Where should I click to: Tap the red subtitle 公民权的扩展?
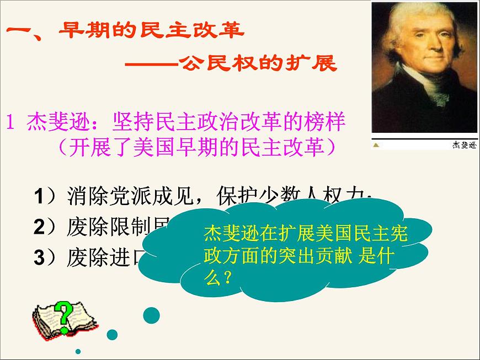[257, 65]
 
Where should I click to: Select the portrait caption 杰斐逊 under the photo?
[463, 145]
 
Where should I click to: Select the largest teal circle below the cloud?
[152, 315]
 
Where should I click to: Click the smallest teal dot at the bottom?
[78, 351]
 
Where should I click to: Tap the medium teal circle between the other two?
[112, 334]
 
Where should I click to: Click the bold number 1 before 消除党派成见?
[39, 197]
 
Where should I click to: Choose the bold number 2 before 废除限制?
[39, 227]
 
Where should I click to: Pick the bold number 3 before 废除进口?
[39, 256]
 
